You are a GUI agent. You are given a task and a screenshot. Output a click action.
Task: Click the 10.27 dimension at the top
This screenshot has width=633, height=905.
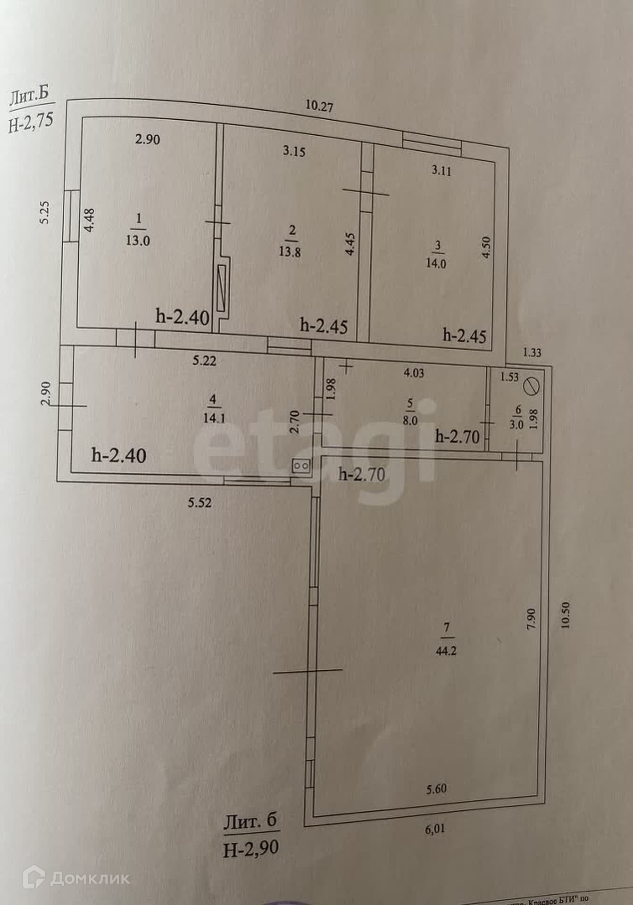tap(319, 107)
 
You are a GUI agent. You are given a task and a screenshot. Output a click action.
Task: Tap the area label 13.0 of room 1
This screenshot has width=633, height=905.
tap(138, 240)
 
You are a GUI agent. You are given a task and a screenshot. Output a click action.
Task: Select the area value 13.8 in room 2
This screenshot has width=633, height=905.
tap(290, 252)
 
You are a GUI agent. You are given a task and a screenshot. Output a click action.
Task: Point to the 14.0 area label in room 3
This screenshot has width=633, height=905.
tap(436, 263)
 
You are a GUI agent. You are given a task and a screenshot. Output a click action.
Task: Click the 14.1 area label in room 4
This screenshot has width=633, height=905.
tap(214, 418)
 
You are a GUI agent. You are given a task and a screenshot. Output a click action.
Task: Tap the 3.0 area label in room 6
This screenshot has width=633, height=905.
tap(516, 424)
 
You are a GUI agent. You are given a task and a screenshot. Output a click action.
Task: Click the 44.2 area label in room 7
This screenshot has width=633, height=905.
tap(446, 651)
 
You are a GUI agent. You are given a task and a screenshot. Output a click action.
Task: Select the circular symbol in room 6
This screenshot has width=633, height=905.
tap(532, 387)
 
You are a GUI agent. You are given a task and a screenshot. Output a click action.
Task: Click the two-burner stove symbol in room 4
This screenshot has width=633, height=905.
tap(301, 466)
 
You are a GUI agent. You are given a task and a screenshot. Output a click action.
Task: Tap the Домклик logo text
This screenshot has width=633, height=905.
tap(90, 879)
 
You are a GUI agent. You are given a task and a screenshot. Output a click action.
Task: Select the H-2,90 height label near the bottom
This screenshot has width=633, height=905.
tap(251, 848)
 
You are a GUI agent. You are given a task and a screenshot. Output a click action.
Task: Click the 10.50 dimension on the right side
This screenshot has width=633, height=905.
tap(566, 615)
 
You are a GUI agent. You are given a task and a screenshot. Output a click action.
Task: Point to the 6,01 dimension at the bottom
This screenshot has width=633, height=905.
tap(435, 829)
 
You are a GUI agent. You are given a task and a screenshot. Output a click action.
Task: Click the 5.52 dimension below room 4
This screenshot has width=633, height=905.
tap(200, 503)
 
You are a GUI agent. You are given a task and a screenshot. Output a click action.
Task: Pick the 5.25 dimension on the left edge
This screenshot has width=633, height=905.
tap(45, 213)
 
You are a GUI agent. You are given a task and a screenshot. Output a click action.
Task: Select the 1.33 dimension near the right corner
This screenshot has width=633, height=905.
tap(532, 353)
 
